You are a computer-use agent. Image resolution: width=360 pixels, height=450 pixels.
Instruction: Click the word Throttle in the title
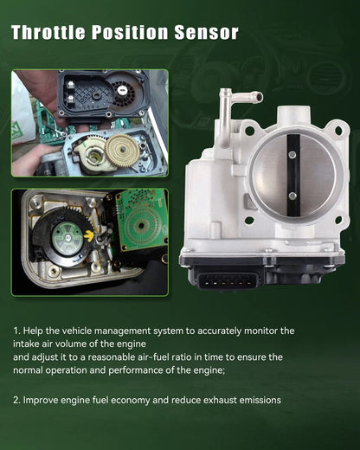[48, 32]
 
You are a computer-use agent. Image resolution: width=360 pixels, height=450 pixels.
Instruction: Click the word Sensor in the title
[207, 32]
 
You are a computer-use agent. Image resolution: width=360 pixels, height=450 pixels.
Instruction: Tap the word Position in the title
[130, 32]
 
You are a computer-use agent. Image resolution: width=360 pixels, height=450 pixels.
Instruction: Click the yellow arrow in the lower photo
[90, 235]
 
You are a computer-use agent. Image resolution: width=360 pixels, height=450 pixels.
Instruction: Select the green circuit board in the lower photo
[142, 220]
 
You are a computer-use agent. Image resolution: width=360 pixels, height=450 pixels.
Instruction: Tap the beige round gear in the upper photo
[122, 150]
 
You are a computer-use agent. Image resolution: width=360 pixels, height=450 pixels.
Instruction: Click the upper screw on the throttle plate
[292, 155]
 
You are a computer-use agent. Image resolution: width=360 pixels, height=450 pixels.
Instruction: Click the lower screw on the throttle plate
[292, 196]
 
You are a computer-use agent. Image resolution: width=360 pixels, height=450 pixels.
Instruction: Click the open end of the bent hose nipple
[259, 97]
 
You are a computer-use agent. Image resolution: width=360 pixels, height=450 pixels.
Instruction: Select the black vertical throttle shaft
[293, 176]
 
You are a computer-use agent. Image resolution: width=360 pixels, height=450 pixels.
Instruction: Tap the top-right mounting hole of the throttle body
[338, 132]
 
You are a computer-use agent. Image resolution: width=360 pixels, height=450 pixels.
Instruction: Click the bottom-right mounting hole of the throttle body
[338, 220]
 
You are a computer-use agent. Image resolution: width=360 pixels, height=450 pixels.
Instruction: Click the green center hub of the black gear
[67, 237]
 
